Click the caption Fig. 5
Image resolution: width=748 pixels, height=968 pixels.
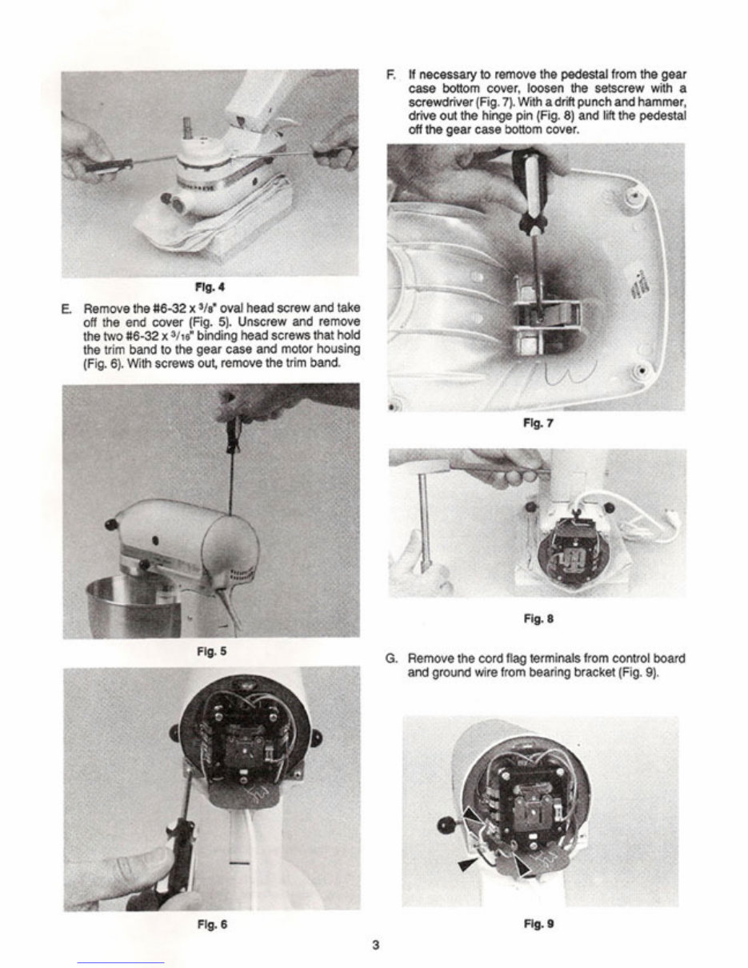point(212,650)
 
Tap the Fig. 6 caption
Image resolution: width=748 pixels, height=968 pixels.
point(212,924)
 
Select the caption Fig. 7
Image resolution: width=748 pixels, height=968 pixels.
point(536,425)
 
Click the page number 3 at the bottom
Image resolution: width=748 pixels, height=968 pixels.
point(375,945)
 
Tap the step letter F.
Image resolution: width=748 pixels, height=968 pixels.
point(390,75)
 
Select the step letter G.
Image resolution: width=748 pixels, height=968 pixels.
point(391,658)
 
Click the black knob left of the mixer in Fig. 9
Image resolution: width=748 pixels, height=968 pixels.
point(445,826)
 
